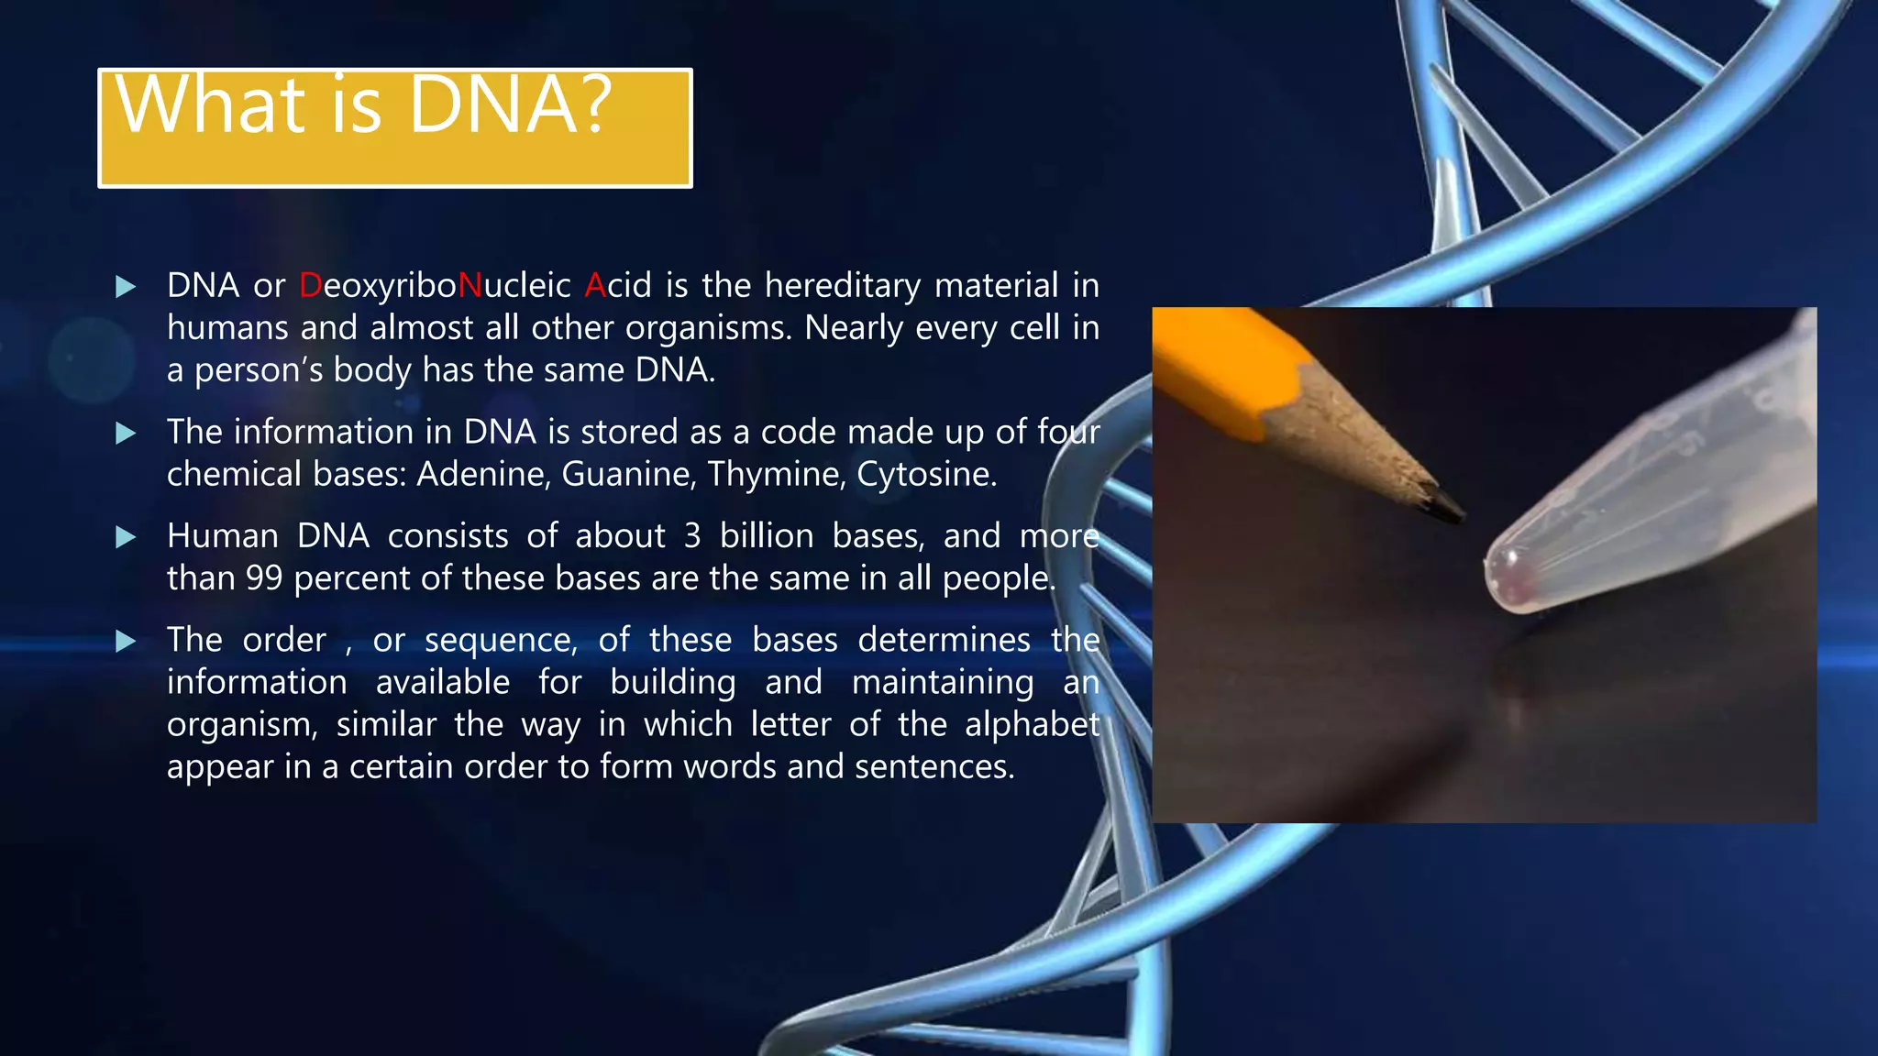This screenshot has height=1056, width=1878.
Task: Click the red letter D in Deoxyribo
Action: [x=310, y=286]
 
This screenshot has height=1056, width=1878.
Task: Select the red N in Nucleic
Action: [x=469, y=286]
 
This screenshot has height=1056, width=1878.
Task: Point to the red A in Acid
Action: [x=595, y=286]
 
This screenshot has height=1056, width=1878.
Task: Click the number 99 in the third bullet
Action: [x=263, y=578]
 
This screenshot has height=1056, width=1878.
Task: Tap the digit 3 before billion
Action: [x=691, y=536]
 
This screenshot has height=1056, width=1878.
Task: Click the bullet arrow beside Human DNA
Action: [x=126, y=537]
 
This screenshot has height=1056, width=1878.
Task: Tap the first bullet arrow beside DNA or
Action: [x=126, y=287]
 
